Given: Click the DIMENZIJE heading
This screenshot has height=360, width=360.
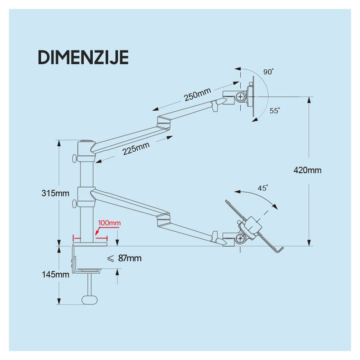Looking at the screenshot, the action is click(83, 58).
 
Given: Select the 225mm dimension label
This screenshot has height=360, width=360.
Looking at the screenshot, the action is click(136, 148).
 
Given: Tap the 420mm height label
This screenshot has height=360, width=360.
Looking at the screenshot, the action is click(307, 170).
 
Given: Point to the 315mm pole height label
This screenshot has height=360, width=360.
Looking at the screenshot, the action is click(55, 193).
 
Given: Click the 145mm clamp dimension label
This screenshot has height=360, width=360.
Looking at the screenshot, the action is click(55, 274).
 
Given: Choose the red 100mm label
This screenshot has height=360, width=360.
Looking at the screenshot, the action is click(109, 223).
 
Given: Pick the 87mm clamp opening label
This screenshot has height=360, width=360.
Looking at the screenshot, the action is click(124, 258).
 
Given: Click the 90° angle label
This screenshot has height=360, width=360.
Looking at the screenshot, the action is click(269, 72).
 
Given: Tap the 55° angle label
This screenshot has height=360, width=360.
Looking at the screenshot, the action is click(275, 111).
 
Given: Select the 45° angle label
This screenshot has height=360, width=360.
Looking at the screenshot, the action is click(263, 188).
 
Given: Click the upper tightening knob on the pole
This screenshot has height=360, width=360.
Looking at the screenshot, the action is click(75, 158).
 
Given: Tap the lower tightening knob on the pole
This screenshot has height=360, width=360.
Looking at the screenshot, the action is click(75, 203).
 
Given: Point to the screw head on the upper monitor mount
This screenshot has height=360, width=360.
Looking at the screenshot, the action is click(241, 97).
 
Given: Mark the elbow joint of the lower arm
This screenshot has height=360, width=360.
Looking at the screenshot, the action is click(164, 219).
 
